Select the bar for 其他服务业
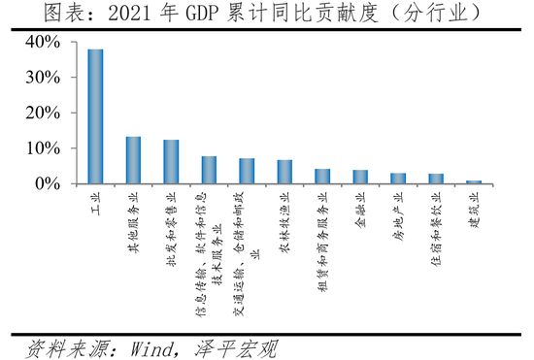(133, 160)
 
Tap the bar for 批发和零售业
(171, 161)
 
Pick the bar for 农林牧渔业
(284, 172)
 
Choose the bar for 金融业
(360, 177)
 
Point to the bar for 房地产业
(398, 179)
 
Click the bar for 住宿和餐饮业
(436, 179)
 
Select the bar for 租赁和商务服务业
(322, 176)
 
